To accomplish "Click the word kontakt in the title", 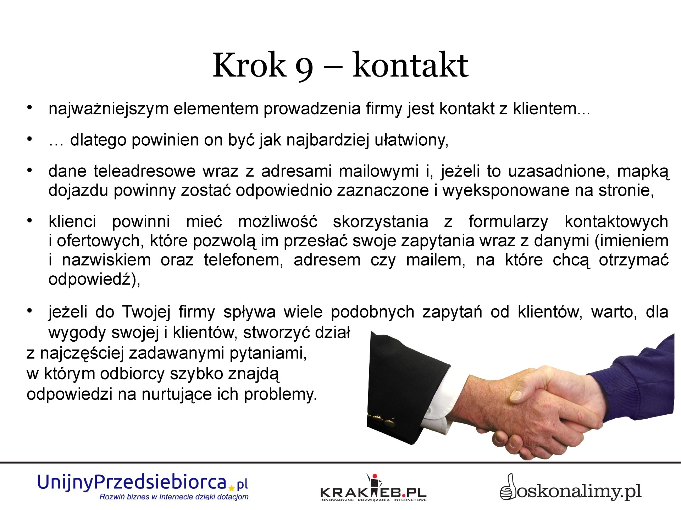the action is (x=410, y=65).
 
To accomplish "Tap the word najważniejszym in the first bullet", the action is (x=109, y=109).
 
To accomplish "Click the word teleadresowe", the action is (x=145, y=171).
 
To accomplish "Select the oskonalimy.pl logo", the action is (x=570, y=488).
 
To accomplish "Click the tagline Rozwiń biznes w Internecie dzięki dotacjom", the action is (x=174, y=497).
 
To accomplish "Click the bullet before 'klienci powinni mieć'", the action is (x=30, y=221).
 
